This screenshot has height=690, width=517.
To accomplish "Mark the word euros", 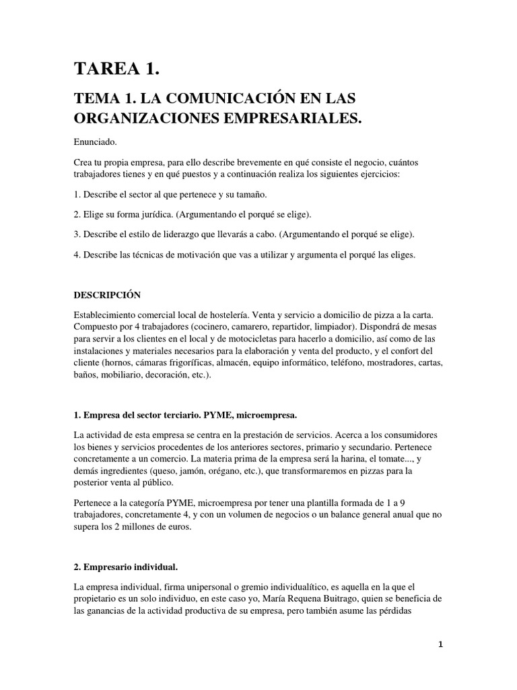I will (178, 528).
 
